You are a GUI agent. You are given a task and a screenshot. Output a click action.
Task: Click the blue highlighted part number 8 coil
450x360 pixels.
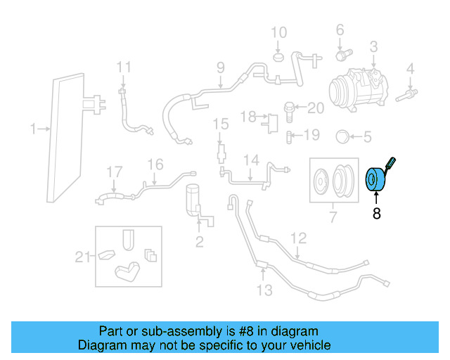click(x=373, y=181)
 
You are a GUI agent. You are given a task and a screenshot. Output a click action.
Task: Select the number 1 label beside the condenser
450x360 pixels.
click(x=33, y=129)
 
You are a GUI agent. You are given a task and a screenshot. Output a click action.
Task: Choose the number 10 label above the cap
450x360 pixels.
click(x=279, y=32)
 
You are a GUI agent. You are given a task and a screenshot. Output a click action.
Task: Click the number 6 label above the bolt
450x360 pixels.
click(x=340, y=30)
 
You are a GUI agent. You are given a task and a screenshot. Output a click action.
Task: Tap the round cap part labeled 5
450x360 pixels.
click(x=343, y=136)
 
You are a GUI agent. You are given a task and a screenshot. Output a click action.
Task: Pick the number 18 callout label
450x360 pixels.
click(x=248, y=115)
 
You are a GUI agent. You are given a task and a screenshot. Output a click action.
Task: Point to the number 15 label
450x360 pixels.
click(x=221, y=124)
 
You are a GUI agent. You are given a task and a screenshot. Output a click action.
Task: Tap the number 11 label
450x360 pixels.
click(x=124, y=67)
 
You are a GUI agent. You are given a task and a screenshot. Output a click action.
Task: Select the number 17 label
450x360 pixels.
click(x=114, y=172)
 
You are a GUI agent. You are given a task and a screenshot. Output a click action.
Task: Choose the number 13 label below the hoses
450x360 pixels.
click(x=264, y=290)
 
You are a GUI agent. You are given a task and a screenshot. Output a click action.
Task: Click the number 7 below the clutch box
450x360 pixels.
click(x=333, y=217)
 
